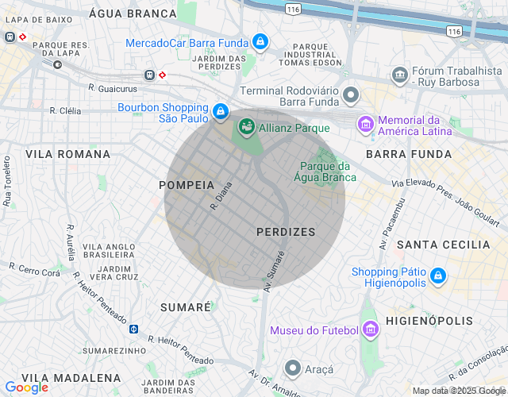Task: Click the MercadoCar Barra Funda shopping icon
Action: tap(260, 41)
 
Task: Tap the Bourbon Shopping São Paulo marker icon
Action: tap(221, 113)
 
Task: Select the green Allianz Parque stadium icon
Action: tap(246, 126)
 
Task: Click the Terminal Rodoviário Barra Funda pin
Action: tap(350, 97)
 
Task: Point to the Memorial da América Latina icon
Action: tap(365, 124)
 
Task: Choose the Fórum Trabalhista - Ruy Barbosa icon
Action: tap(400, 75)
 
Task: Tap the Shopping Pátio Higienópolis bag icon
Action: tap(437, 277)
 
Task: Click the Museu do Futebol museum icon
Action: tap(369, 330)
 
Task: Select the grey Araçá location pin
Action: tap(293, 368)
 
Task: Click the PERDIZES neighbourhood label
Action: tap(286, 232)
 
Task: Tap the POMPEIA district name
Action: tap(187, 184)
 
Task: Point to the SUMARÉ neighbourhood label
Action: tap(186, 306)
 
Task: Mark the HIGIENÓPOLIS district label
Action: tap(429, 322)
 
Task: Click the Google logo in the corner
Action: tap(26, 387)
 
